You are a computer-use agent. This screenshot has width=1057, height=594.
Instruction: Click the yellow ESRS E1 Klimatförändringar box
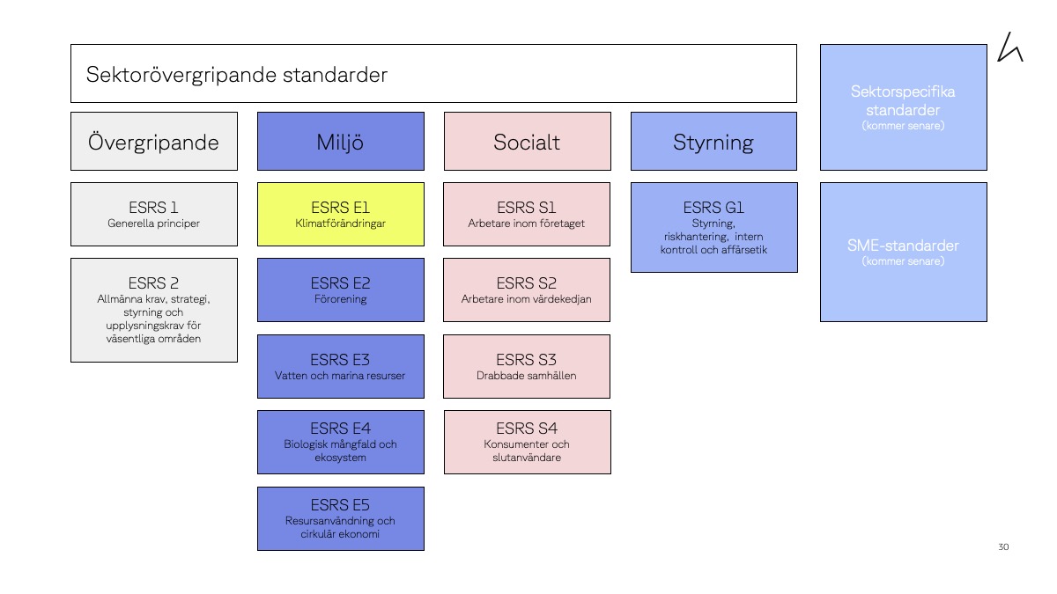pos(340,215)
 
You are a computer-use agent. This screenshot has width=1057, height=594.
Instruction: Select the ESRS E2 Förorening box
pos(340,290)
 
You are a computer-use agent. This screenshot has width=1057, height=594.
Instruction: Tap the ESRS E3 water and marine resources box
pos(340,366)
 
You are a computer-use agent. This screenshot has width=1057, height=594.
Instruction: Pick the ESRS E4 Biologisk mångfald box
pos(340,442)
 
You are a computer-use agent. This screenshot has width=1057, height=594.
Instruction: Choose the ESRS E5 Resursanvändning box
pos(340,518)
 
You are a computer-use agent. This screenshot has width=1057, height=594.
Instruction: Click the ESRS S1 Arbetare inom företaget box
pos(527,215)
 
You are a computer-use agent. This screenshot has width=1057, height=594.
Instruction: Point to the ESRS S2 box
pos(527,290)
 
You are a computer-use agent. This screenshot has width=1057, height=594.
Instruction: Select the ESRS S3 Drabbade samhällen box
pos(527,366)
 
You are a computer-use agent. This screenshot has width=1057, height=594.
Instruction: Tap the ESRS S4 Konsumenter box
pos(527,442)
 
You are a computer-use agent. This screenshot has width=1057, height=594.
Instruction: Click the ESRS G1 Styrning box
pos(713,227)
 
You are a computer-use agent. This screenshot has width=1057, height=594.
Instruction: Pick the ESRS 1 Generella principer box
pos(154,215)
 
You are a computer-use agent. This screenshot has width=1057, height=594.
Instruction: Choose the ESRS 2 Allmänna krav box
pos(154,310)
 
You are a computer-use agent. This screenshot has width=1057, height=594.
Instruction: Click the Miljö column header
pos(340,142)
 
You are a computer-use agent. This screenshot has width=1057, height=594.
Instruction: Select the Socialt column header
pos(527,142)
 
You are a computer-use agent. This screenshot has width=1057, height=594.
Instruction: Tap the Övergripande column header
pos(154,142)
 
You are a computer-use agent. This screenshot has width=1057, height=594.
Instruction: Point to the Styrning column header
pos(713,142)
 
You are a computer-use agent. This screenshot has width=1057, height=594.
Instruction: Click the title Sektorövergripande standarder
pos(237,75)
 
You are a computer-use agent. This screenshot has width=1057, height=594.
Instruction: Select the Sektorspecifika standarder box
pos(903,107)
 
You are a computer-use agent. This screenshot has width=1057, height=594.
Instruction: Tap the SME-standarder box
pos(903,252)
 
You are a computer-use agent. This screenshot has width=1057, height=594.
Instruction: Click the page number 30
pos(1003,547)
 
